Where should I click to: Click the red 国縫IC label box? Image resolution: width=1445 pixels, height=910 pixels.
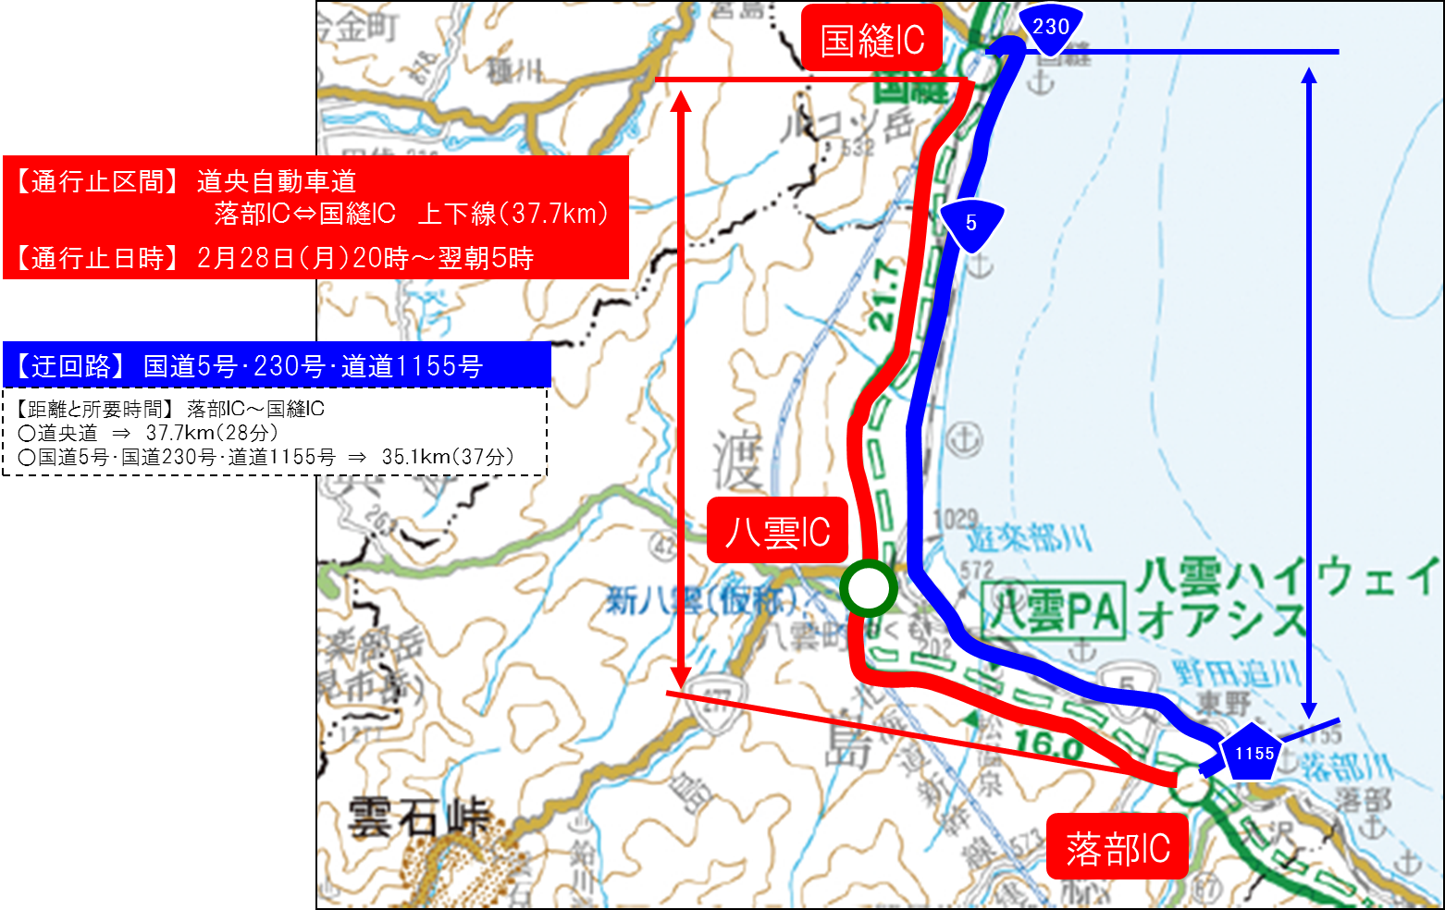point(871,39)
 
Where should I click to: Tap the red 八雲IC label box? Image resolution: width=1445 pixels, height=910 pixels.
point(777,531)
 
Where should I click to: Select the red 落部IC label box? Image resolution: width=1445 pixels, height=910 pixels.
point(1117,847)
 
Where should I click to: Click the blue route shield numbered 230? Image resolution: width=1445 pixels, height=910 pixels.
point(1050,29)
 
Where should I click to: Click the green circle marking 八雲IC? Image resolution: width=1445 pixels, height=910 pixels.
point(868,587)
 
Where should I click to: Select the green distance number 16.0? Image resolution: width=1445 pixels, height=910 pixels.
point(1048,744)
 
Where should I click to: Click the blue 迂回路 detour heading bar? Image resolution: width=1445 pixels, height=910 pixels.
point(277,366)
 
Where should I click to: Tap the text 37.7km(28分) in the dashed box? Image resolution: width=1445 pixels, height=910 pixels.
point(212,433)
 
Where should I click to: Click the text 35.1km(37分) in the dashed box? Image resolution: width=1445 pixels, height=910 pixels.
point(448,457)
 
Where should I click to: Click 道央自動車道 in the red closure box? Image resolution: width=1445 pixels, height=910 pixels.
point(276,181)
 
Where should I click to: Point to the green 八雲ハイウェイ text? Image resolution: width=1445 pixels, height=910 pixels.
point(1286,577)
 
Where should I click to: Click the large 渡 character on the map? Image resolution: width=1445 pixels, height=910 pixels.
point(736,460)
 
